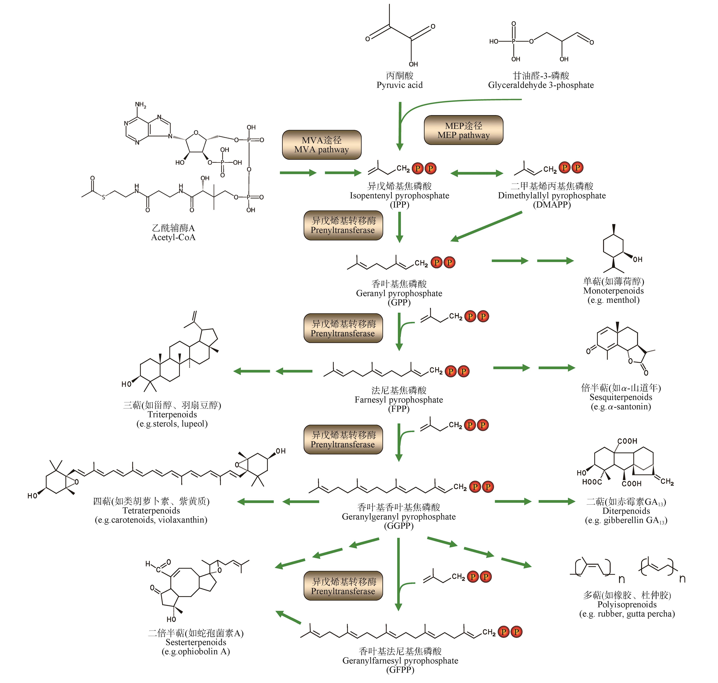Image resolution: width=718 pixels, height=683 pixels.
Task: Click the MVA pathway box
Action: coord(321,145)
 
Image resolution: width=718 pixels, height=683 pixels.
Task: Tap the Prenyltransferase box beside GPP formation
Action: coord(343,225)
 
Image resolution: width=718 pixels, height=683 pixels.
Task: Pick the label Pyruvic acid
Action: coord(399,85)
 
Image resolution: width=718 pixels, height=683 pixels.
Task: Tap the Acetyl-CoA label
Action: coord(173,237)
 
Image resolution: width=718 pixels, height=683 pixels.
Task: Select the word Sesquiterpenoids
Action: coord(621,397)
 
